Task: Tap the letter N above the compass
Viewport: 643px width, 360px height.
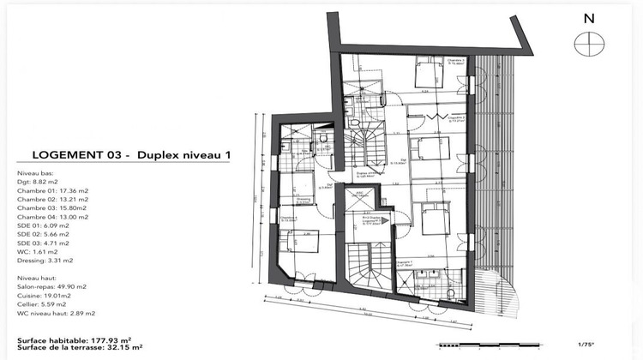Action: [587, 18]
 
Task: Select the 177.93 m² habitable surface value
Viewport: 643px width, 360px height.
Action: [114, 339]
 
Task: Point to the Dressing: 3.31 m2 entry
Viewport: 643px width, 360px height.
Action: [45, 260]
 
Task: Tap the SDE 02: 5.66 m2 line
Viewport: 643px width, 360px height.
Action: [45, 234]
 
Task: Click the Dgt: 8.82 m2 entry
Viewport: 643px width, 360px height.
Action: [37, 183]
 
